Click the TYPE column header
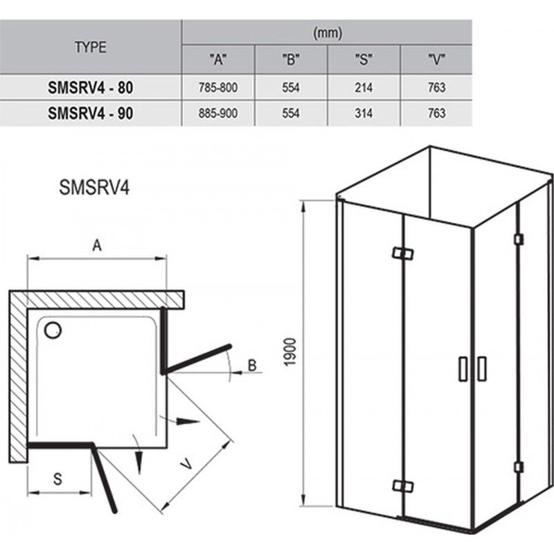(91, 47)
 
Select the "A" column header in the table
(218, 60)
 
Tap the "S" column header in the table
(364, 60)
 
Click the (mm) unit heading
(328, 33)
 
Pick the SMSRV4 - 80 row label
(91, 88)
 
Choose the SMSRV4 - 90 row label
(91, 114)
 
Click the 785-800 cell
(218, 88)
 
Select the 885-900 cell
(218, 114)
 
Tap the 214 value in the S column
(364, 88)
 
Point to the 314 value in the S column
(364, 114)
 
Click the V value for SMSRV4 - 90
(437, 114)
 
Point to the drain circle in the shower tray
(53, 330)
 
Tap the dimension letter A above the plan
(97, 245)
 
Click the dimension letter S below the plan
(57, 479)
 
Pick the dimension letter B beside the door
(252, 366)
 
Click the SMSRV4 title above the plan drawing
(94, 187)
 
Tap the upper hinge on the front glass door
(403, 253)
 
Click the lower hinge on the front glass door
(403, 486)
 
